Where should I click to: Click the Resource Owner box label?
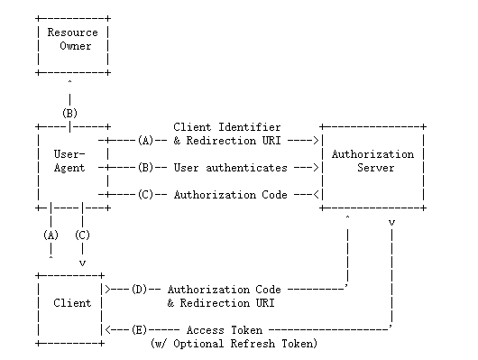pos(72,39)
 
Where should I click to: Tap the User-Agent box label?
pos(69,161)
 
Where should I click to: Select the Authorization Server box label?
pos(372,161)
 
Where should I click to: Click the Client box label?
pos(72,303)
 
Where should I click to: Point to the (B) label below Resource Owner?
pos(69,113)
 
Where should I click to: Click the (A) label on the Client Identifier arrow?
pos(145,141)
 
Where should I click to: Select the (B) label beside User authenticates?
pos(145,168)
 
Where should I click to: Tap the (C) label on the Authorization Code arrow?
pos(145,194)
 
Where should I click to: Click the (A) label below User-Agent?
pos(51,235)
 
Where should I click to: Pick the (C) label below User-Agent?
pos(82,235)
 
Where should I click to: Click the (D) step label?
pos(139,290)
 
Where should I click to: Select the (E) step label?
pos(139,330)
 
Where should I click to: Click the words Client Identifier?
pos(226,127)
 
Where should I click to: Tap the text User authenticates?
pos(231,168)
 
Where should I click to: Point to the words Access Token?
pos(225,330)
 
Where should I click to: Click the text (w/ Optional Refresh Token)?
pos(234,344)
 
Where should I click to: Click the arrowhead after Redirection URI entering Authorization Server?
pos(317,141)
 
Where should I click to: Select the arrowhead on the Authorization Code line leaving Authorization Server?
pos(317,194)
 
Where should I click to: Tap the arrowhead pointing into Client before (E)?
pos(107,330)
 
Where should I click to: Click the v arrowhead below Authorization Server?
pos(391,223)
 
